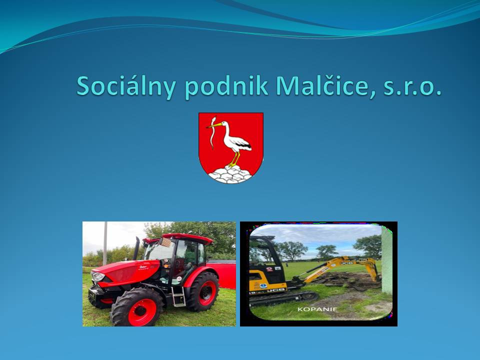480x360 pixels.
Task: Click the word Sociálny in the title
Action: [x=126, y=86]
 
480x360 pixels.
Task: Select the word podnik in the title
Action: [x=227, y=86]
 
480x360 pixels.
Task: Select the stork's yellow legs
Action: [x=234, y=159]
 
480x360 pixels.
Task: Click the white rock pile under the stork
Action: [x=230, y=174]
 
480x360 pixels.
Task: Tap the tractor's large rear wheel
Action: [x=203, y=291]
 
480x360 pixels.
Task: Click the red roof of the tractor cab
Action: [x=180, y=237]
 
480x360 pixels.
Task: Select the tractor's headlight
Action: [x=98, y=276]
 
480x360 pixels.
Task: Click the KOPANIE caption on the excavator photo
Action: [x=317, y=309]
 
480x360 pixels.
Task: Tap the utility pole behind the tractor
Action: [x=105, y=243]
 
